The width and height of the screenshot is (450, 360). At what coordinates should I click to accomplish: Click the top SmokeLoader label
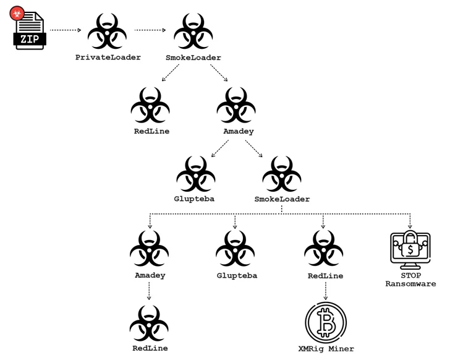pos(193,57)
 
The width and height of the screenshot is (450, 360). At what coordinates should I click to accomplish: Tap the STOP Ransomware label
pos(410,278)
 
